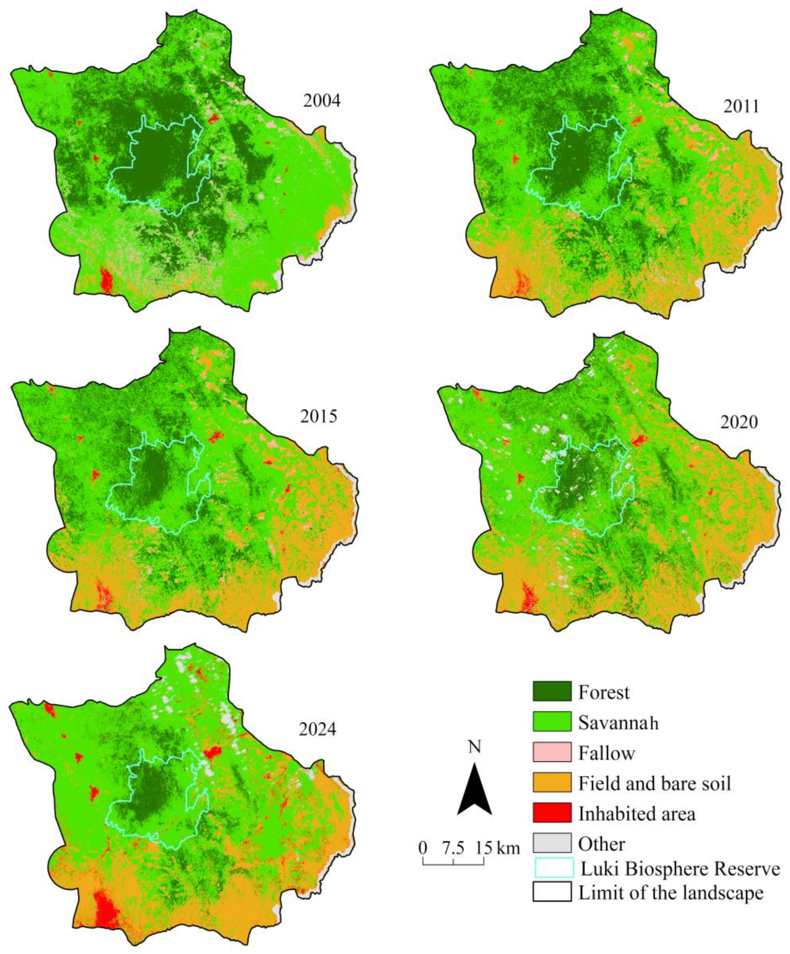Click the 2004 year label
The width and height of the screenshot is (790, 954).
coord(322,100)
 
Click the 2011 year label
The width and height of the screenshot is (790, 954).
coord(741,106)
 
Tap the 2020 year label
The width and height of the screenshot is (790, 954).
coord(739,422)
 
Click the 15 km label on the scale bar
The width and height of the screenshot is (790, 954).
coord(497,848)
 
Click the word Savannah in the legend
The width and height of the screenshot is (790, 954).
coord(618,722)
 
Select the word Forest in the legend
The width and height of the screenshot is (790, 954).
coord(603,692)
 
